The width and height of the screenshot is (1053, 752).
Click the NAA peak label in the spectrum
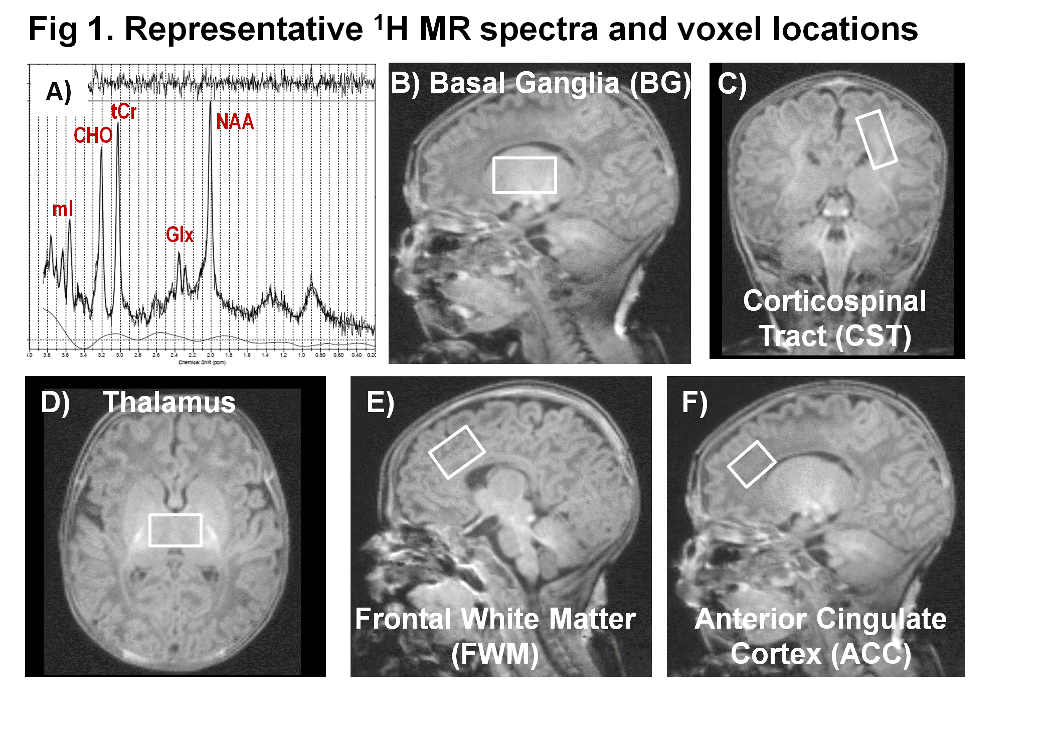235,122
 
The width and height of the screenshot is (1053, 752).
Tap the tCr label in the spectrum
123,111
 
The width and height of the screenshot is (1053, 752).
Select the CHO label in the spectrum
93,135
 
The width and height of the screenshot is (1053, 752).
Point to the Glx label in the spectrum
180,235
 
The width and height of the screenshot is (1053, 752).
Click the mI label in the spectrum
63,209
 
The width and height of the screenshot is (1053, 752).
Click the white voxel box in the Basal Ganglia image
524,175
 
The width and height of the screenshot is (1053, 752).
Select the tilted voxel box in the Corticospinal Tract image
876,139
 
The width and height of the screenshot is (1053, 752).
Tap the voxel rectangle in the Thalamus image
175,530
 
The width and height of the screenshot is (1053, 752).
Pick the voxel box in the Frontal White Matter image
457,452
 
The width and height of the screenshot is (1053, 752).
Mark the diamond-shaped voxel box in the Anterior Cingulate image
752,464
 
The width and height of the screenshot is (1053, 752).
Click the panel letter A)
59,92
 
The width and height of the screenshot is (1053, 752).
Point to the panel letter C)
732,84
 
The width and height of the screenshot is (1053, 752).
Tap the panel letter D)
55,402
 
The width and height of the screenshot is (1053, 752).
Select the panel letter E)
381,403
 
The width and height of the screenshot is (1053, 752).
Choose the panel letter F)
694,403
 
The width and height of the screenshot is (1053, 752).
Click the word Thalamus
169,402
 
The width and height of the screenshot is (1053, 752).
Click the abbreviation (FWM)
495,654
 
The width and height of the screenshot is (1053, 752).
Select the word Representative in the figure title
244,29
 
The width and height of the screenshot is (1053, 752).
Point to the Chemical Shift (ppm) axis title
202,362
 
